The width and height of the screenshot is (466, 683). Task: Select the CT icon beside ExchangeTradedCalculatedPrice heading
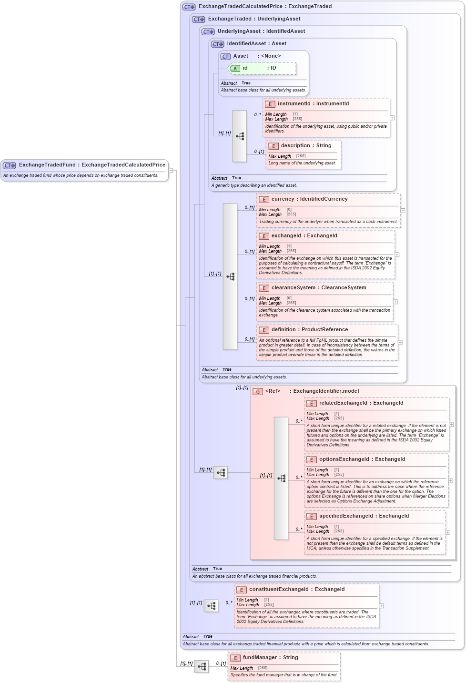click(189, 7)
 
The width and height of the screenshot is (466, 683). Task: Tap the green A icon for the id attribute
click(235, 69)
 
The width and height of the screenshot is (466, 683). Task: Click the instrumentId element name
click(294, 104)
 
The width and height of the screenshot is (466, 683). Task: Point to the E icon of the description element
click(273, 146)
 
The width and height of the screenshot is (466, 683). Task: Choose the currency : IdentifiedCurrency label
click(309, 199)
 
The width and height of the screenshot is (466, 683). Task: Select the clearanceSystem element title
click(293, 288)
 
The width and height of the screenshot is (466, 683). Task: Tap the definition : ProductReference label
click(309, 330)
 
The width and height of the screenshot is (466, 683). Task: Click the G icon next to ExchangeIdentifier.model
click(257, 391)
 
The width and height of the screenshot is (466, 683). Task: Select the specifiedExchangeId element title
click(346, 516)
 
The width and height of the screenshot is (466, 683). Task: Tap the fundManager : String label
click(270, 658)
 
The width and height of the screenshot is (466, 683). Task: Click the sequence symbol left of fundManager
click(202, 666)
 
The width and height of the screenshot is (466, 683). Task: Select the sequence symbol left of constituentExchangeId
click(211, 606)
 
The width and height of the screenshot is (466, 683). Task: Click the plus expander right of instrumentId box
click(392, 118)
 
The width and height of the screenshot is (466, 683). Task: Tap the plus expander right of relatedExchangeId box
click(451, 424)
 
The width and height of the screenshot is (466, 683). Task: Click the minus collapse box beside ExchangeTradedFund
click(171, 170)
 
